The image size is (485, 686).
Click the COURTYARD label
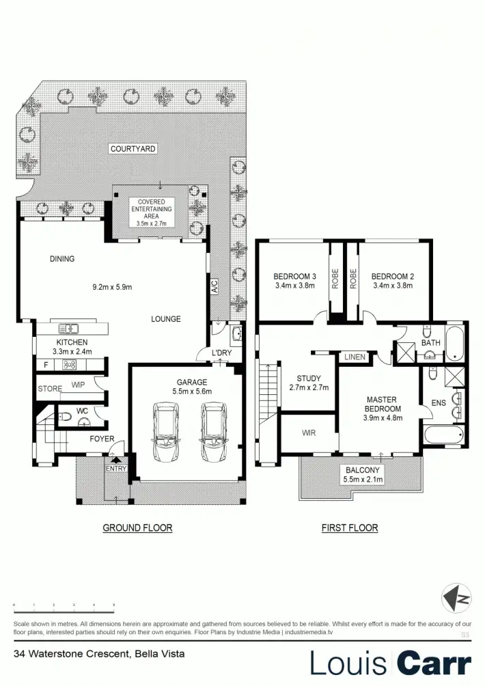coord(133,148)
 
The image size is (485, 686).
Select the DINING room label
coord(61,259)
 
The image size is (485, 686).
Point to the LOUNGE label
coord(166,319)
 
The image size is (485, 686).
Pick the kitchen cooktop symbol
coord(68,365)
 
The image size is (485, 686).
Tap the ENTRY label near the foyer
coord(115,468)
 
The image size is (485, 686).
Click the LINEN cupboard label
coord(355,357)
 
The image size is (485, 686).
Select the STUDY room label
coord(309,379)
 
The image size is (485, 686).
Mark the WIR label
coord(309,433)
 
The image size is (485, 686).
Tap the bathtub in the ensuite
coord(442,435)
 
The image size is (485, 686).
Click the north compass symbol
coord(456,599)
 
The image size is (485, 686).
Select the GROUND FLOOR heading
coord(137,527)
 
